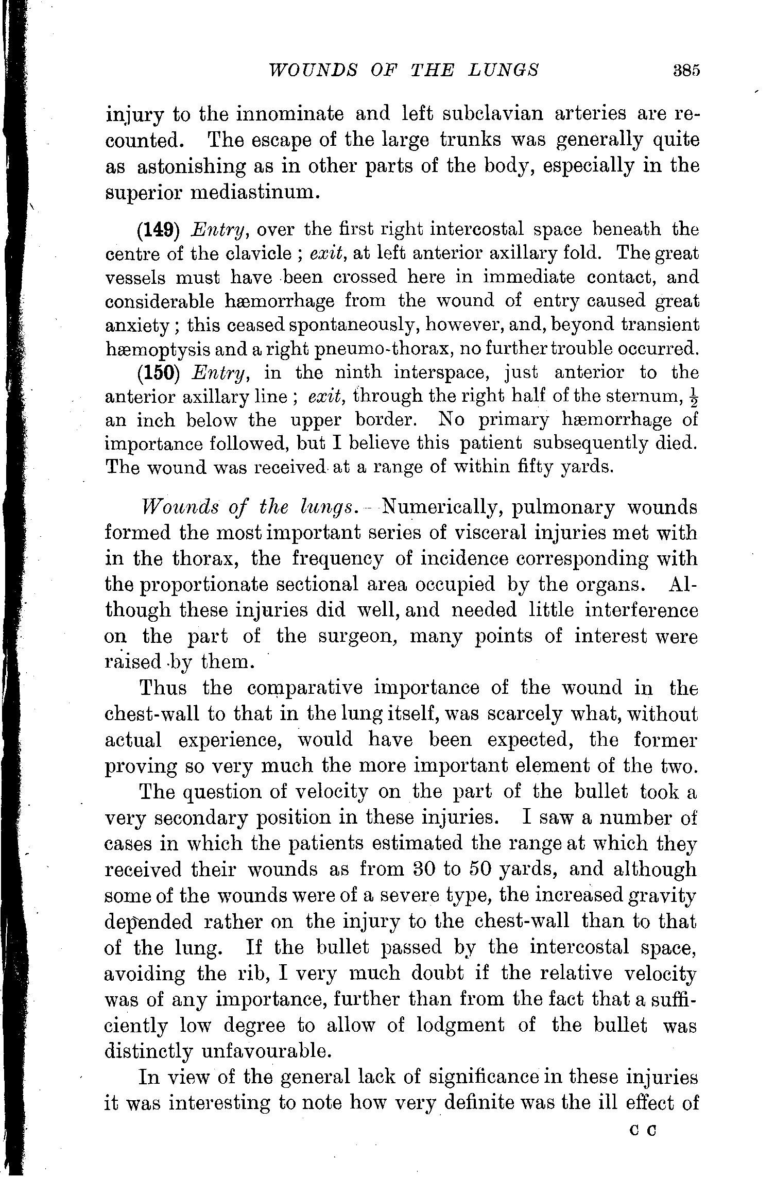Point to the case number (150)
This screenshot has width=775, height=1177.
[158, 373]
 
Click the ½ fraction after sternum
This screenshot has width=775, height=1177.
[693, 397]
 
